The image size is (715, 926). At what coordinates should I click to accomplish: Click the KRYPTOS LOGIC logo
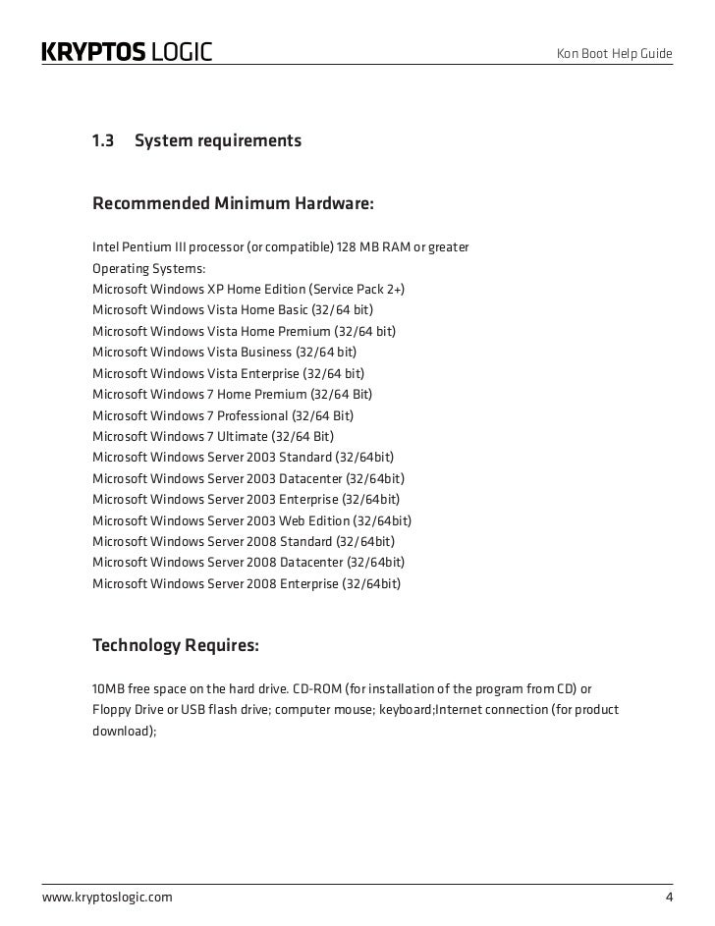pyautogui.click(x=127, y=52)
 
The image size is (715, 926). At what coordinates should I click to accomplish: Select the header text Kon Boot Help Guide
pyautogui.click(x=615, y=52)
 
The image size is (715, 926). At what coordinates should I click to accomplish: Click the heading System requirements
pyautogui.click(x=218, y=141)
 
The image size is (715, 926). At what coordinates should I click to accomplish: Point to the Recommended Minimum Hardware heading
pyautogui.click(x=233, y=204)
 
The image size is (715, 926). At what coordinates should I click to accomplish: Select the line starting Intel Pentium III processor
pyautogui.click(x=280, y=245)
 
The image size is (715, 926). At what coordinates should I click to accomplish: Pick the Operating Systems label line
pyautogui.click(x=149, y=267)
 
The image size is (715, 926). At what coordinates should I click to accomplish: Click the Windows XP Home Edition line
pyautogui.click(x=247, y=289)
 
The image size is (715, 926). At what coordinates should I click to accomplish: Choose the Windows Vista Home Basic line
pyautogui.click(x=232, y=309)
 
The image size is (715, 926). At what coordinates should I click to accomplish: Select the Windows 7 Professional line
pyautogui.click(x=222, y=414)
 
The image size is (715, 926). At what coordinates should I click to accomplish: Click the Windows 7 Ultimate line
pyautogui.click(x=212, y=436)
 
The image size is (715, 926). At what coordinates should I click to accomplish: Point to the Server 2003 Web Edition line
pyautogui.click(x=251, y=520)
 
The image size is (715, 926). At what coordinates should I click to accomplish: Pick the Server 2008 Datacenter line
pyautogui.click(x=248, y=562)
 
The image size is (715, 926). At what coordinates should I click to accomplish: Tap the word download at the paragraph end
pyautogui.click(x=124, y=731)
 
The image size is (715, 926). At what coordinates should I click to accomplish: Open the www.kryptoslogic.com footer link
pyautogui.click(x=107, y=898)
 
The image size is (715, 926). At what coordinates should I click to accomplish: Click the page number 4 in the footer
pyautogui.click(x=669, y=898)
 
